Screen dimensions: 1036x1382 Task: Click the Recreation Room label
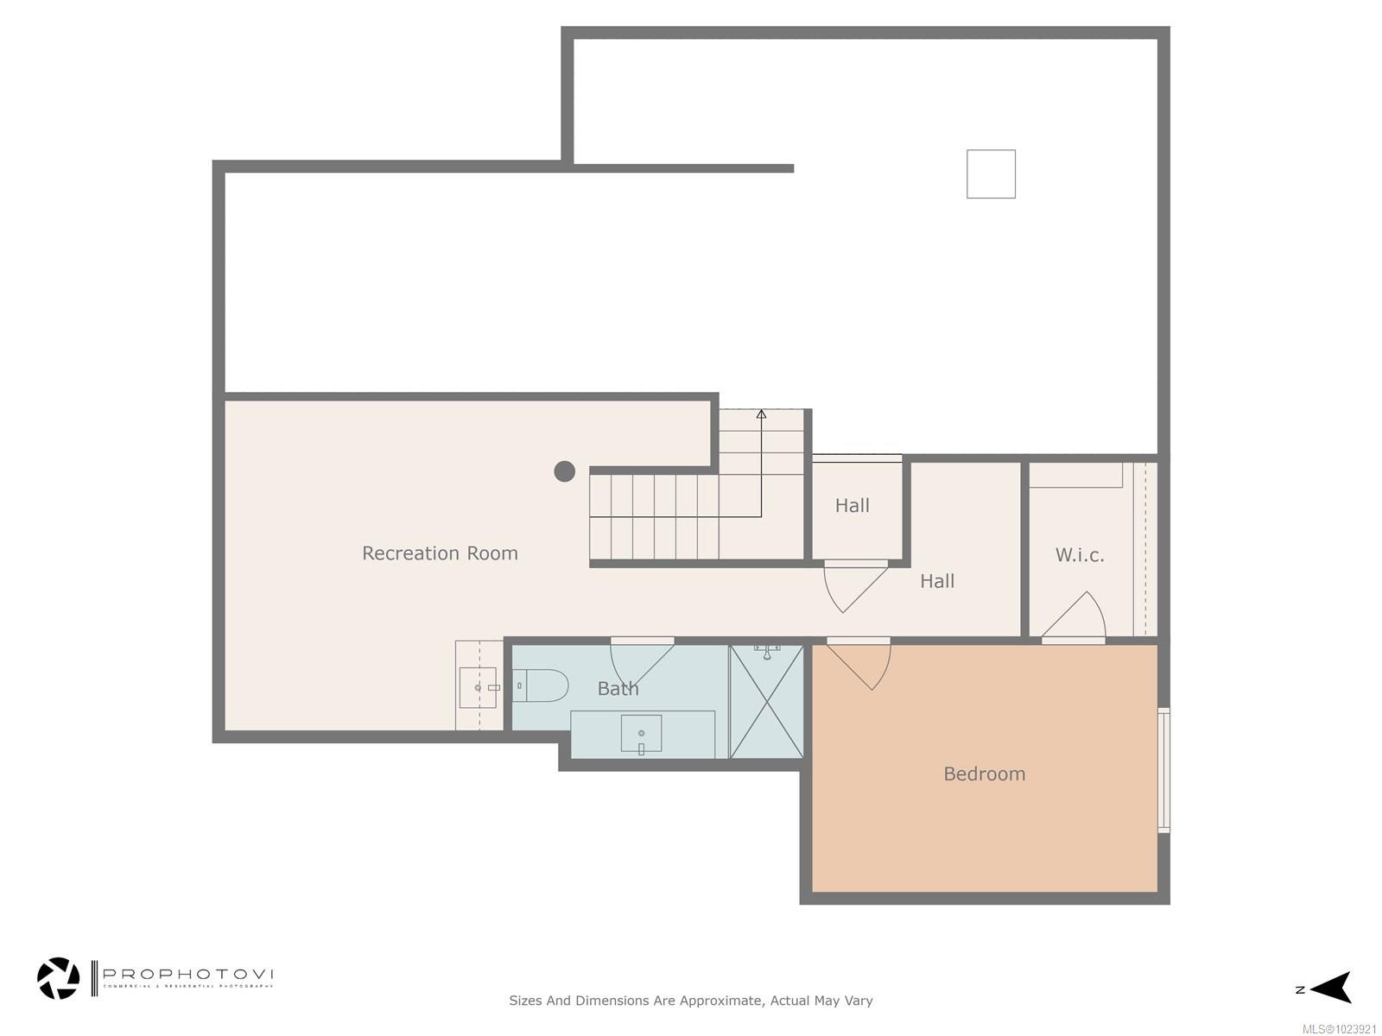440,553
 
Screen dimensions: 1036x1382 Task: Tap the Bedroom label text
984,774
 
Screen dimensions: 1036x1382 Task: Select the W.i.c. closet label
1080,555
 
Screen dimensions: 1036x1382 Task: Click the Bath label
618,689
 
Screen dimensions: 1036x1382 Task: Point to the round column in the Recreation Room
564,471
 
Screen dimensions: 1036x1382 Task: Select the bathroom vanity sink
641,734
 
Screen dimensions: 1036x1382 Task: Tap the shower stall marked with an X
766,702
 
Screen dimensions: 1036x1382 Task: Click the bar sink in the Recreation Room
478,687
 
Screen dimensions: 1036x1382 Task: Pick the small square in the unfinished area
991,174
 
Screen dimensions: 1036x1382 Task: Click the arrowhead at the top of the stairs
761,414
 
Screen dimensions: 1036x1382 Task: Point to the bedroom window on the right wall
1163,770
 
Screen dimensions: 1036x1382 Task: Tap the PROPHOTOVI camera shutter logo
58,978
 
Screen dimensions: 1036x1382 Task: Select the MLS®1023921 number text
1339,1029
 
